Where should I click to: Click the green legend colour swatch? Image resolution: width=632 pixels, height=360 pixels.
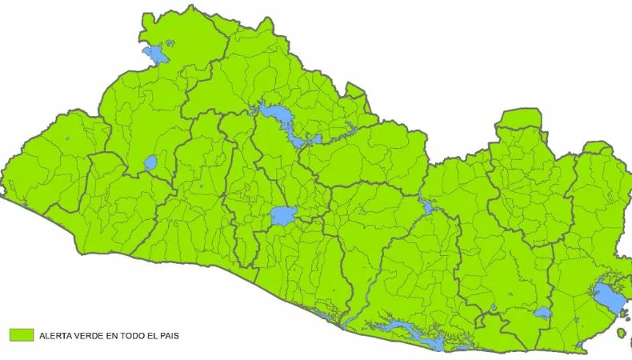pos(21,335)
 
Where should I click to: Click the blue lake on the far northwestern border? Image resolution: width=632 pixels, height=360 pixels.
pos(157,55)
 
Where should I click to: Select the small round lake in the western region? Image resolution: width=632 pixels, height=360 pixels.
pos(150,164)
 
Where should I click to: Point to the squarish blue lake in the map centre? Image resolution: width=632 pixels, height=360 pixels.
pos(283,214)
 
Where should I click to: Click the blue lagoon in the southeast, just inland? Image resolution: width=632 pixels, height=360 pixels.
pos(543,313)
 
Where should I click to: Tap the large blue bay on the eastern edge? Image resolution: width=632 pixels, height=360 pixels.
pos(609,297)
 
